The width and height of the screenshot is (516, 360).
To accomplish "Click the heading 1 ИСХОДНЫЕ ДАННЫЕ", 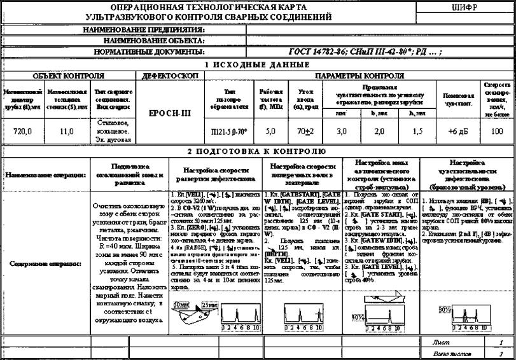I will coord(258,64).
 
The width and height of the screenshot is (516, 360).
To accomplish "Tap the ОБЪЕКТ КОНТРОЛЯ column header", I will coord(67,76).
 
